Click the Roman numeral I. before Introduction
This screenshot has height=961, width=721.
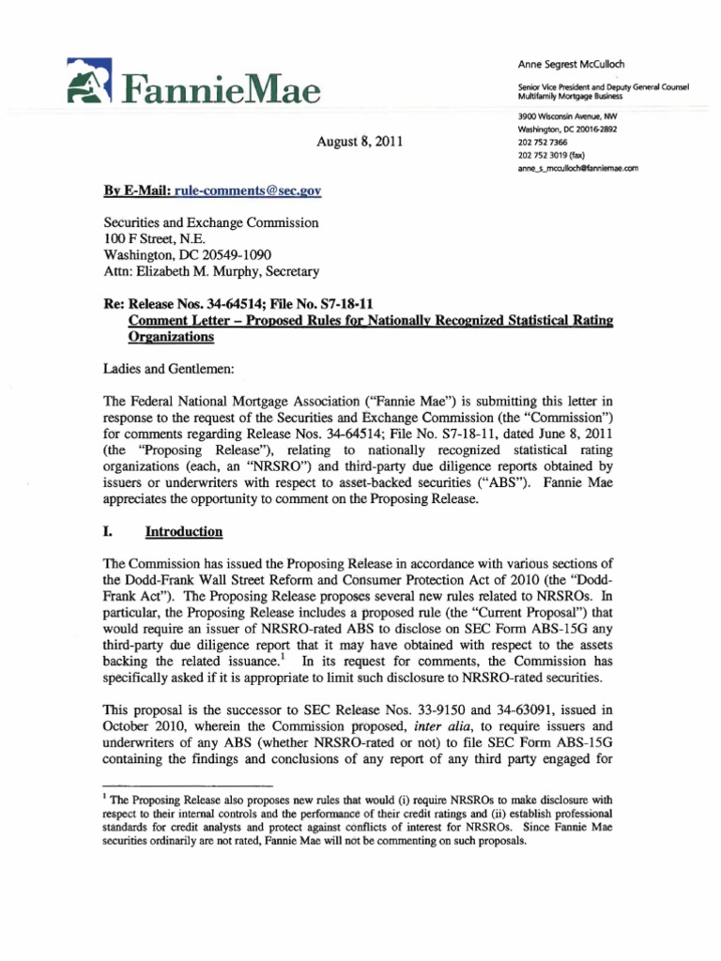[x=106, y=532]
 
